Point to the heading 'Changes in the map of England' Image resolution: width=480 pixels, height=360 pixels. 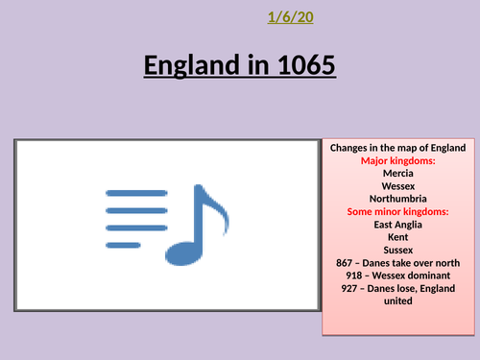(x=397, y=148)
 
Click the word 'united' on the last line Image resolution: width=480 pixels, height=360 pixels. (x=397, y=300)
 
